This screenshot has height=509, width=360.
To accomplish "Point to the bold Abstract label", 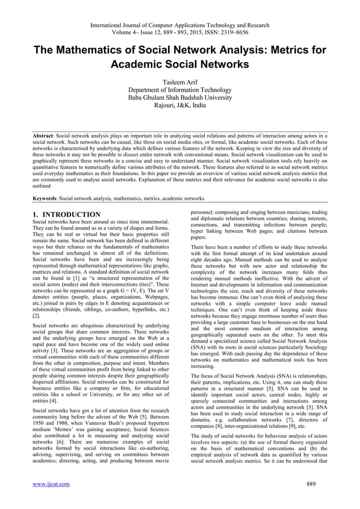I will click(x=45, y=137).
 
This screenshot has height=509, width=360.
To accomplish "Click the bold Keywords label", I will click(x=46, y=199).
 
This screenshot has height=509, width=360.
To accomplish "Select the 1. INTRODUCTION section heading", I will click(x=67, y=215).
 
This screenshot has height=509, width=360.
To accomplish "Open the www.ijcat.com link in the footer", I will click(x=51, y=484).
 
